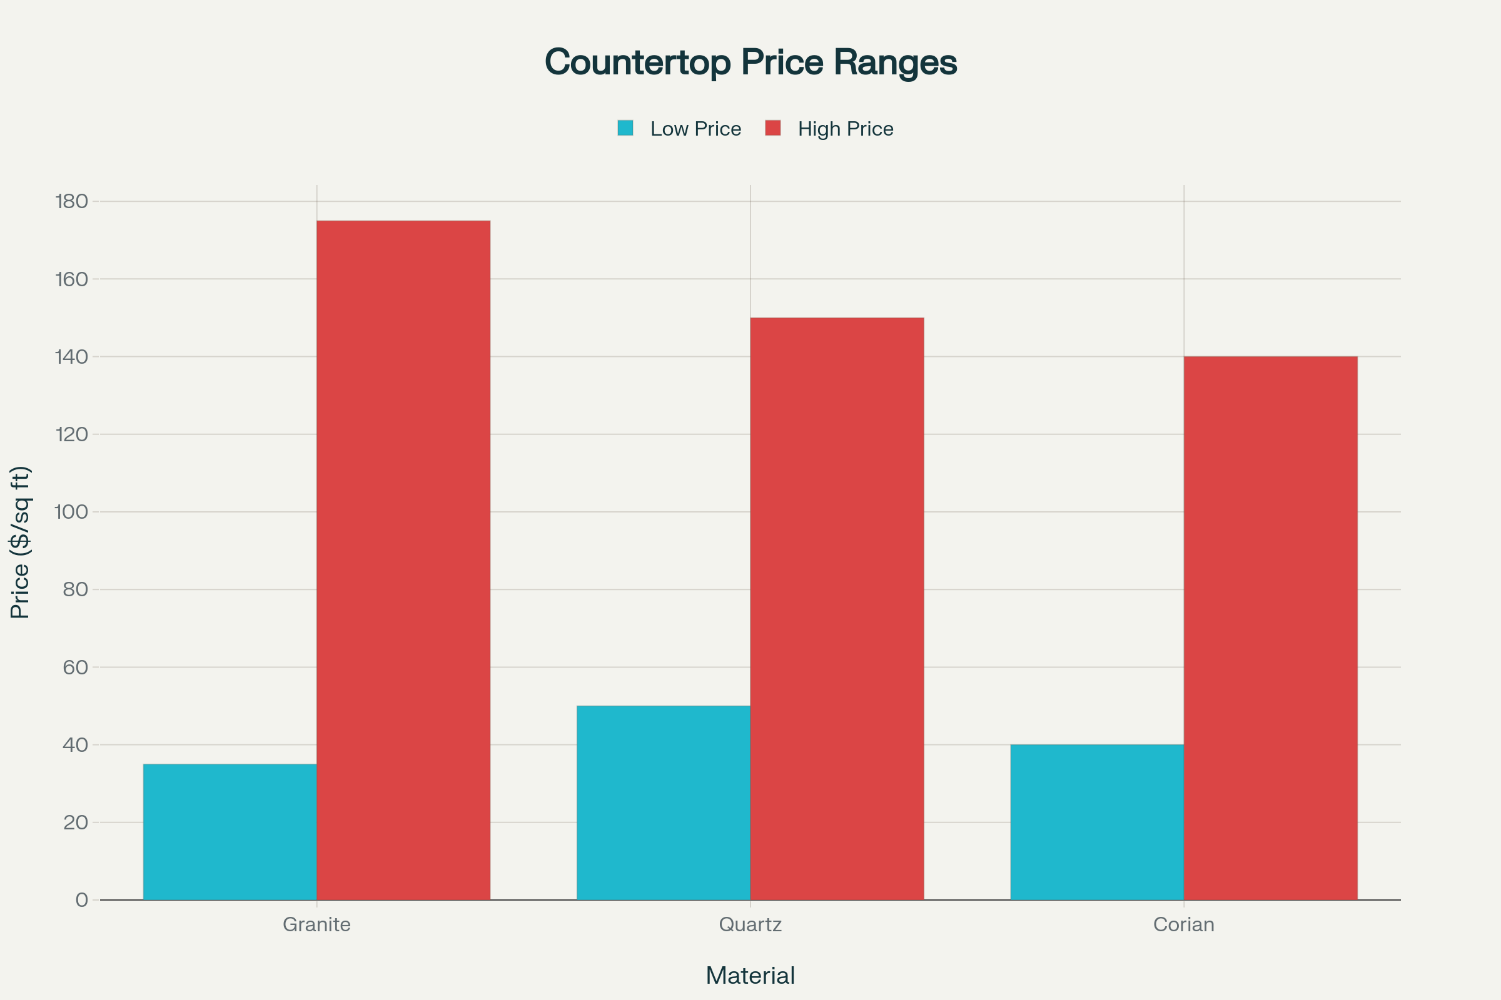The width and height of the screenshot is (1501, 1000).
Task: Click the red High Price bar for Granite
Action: click(403, 560)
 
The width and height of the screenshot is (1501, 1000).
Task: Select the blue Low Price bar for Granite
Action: click(230, 832)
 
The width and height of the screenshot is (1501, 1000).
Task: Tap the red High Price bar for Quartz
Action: click(837, 608)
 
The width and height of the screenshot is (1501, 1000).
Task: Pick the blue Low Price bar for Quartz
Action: click(663, 802)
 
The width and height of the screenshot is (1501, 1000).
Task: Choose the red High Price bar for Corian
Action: click(1270, 627)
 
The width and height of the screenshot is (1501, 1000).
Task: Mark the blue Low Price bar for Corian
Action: click(1096, 822)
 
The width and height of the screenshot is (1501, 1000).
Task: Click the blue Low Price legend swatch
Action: click(625, 128)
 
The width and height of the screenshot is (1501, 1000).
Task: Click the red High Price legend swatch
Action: click(773, 128)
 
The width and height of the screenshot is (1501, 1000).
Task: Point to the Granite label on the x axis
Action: click(316, 924)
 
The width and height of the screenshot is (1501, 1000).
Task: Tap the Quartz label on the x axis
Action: click(750, 924)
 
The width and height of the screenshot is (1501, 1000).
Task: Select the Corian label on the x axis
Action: click(1183, 924)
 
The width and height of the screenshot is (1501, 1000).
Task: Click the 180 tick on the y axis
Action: click(71, 201)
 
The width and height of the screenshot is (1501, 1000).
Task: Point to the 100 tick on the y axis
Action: click(71, 511)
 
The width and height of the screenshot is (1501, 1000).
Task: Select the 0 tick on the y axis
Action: click(82, 900)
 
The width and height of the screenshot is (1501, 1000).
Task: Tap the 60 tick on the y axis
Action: click(75, 667)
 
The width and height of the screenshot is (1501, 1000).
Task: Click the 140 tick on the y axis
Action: click(71, 356)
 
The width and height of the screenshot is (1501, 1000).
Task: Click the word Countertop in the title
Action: click(637, 62)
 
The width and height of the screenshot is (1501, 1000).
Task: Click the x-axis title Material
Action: click(750, 976)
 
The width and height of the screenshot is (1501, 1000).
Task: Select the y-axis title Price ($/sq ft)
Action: click(21, 542)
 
